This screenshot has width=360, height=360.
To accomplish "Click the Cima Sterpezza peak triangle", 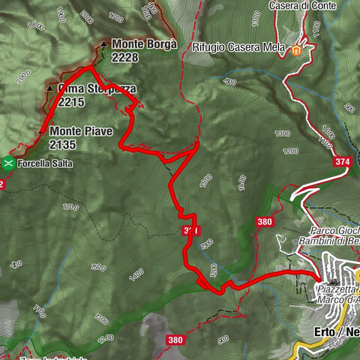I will click(49, 88).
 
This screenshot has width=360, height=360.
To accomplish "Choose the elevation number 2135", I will click(64, 144).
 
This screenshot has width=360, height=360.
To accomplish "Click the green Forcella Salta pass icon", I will click(7, 162).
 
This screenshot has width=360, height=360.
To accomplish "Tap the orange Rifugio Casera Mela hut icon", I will click(298, 50).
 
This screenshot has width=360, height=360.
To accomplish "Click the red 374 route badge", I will click(343, 161).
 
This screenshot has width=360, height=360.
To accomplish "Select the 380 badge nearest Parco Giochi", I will click(264, 221).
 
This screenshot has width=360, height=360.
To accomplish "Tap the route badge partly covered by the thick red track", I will click(190, 231).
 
